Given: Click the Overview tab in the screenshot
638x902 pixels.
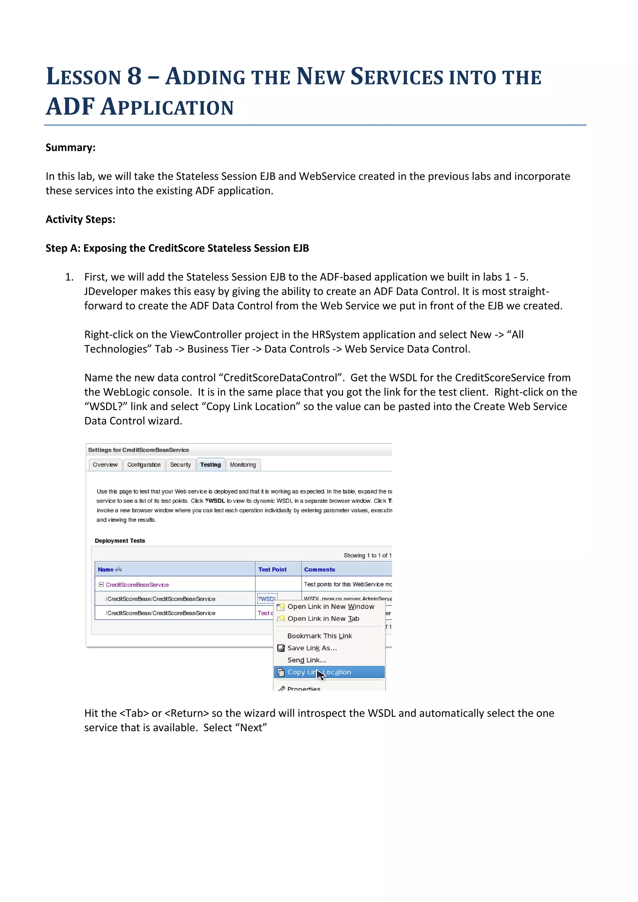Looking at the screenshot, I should (x=105, y=464).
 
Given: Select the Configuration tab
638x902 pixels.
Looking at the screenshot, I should (x=144, y=464).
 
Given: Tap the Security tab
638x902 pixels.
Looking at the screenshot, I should (x=180, y=464).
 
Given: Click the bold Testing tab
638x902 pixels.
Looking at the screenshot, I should (x=210, y=464).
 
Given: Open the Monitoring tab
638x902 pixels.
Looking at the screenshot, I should (x=243, y=464).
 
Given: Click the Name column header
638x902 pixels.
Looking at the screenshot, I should (x=106, y=569).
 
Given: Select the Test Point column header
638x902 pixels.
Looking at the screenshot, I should (x=272, y=569).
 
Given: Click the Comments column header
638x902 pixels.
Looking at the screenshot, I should (x=319, y=569).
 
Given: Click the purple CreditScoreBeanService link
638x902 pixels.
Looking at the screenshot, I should (x=137, y=585).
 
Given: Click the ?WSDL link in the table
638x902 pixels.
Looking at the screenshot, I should (x=266, y=599).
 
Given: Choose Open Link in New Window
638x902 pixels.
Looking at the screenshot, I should (x=331, y=606).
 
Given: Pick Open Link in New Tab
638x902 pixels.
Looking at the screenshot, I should (x=323, y=619).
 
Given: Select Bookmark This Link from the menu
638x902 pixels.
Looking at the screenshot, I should (x=319, y=636).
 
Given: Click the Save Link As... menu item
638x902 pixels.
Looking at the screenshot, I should (x=312, y=648).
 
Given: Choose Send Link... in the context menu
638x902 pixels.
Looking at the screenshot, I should (x=307, y=660).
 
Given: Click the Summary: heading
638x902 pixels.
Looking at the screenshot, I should (x=71, y=147).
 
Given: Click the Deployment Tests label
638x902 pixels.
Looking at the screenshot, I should (x=120, y=541).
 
